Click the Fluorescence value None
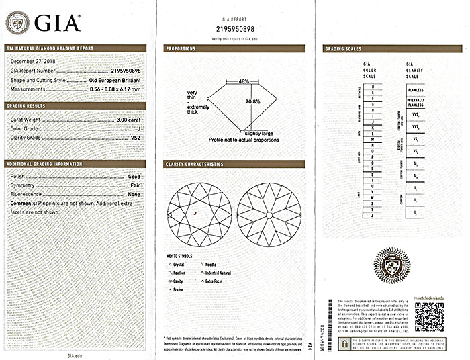pyautogui.click(x=134, y=194)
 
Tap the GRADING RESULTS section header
pyautogui.click(x=26, y=106)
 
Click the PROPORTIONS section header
pyautogui.click(x=182, y=48)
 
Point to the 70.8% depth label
pyautogui.click(x=252, y=101)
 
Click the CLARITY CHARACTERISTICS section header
pyautogui.click(x=194, y=164)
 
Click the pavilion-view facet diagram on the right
pyautogui.click(x=268, y=214)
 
